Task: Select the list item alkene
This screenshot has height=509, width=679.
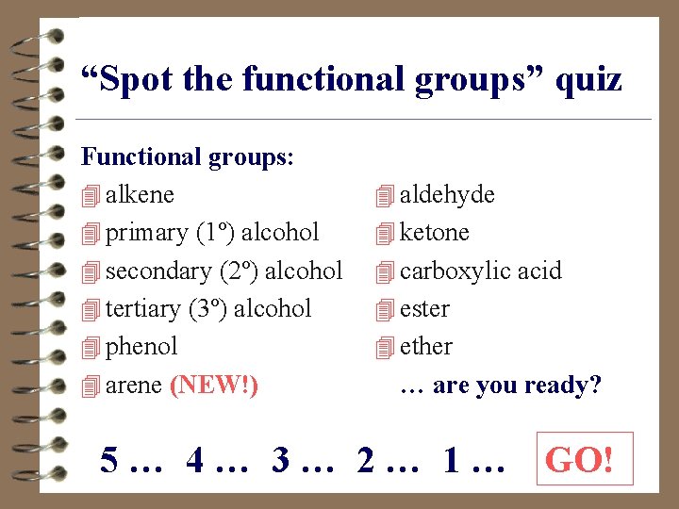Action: (140, 195)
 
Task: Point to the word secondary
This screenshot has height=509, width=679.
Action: (158, 271)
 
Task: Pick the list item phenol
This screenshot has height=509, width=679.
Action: (141, 347)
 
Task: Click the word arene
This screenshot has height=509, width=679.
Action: (134, 386)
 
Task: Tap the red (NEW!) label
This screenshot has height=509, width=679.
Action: (214, 386)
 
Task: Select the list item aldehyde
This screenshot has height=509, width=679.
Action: (447, 195)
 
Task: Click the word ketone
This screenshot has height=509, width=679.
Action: (434, 233)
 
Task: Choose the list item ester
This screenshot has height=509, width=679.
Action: (424, 309)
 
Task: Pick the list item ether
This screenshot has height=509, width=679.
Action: (426, 347)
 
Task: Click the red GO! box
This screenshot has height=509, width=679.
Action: (580, 461)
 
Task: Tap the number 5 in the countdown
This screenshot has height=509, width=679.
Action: (110, 461)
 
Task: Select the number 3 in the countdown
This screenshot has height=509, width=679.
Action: (281, 461)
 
